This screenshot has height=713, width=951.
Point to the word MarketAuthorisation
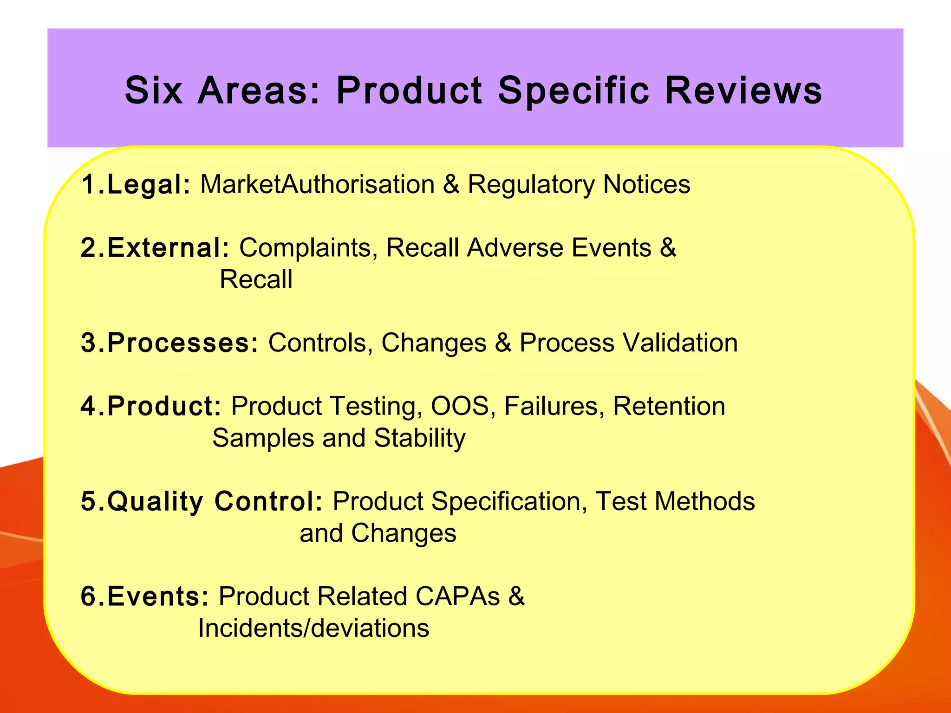click(x=317, y=184)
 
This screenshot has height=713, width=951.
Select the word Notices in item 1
click(x=646, y=184)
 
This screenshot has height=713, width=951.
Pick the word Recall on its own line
click(x=256, y=279)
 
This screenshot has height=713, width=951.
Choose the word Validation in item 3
click(x=680, y=343)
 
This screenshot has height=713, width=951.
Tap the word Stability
click(x=419, y=438)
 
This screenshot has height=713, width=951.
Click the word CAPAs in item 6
click(x=457, y=596)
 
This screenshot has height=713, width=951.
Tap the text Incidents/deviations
click(x=313, y=628)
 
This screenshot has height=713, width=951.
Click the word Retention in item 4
click(x=669, y=406)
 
